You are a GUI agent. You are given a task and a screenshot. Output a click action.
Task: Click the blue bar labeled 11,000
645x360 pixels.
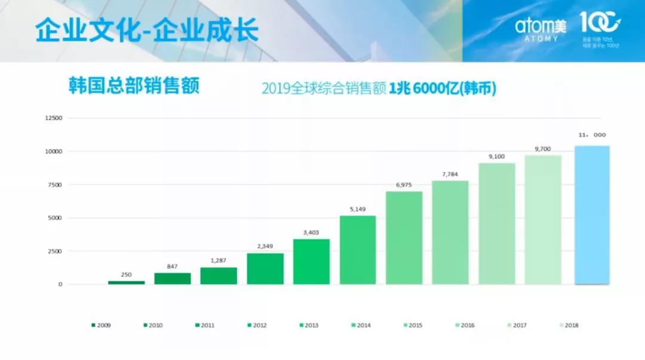tap(592, 215)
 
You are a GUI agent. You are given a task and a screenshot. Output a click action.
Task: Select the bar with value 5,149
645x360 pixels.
tap(358, 250)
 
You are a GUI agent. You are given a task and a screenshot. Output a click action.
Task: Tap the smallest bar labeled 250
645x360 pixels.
tap(126, 282)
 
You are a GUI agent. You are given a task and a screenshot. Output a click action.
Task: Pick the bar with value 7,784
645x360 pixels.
tap(450, 232)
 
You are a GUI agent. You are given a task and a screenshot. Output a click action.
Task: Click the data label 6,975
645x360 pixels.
tap(404, 185)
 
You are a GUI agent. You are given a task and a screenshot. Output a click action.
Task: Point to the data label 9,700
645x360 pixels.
tap(542, 149)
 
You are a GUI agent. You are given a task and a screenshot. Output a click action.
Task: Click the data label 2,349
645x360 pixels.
tap(265, 247)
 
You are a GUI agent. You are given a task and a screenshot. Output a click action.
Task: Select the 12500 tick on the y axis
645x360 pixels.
tap(54, 118)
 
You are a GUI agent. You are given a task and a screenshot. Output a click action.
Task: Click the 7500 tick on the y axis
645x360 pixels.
tap(55, 185)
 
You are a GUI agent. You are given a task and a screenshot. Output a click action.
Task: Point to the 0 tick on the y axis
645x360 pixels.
tap(60, 285)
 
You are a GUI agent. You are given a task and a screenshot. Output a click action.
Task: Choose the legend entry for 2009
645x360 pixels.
tap(101, 325)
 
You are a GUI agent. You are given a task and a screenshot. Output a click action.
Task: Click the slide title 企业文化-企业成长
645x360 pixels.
tap(147, 30)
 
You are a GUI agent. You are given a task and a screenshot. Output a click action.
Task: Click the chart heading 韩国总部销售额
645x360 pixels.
tap(134, 85)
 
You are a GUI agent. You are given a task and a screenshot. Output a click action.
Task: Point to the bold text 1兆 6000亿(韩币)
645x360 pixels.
tap(443, 89)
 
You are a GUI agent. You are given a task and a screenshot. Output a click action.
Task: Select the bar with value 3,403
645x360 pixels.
tap(311, 261)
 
